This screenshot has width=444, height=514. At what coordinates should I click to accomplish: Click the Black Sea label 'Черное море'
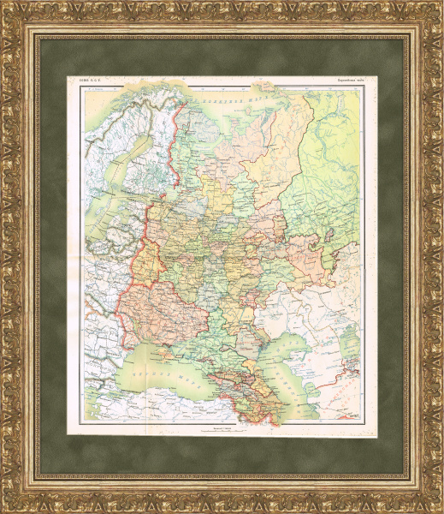point(167,376)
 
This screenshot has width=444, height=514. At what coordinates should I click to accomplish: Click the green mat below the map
point(222,450)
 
